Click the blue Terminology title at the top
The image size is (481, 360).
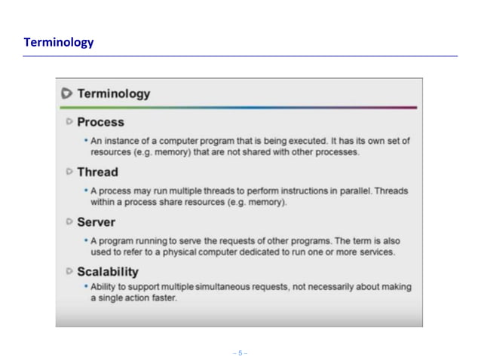click(59, 42)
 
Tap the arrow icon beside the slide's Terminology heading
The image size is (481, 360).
click(66, 94)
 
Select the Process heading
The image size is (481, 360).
click(100, 122)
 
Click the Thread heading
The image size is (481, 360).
click(97, 172)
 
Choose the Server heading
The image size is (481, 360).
click(96, 222)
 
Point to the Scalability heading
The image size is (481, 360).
click(107, 272)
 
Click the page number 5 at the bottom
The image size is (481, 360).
click(240, 352)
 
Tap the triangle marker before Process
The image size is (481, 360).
click(69, 121)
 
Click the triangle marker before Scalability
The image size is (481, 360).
click(69, 271)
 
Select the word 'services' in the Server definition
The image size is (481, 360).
click(374, 252)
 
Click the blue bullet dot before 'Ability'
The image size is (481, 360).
click(86, 287)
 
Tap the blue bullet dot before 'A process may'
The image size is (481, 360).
click(86, 191)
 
